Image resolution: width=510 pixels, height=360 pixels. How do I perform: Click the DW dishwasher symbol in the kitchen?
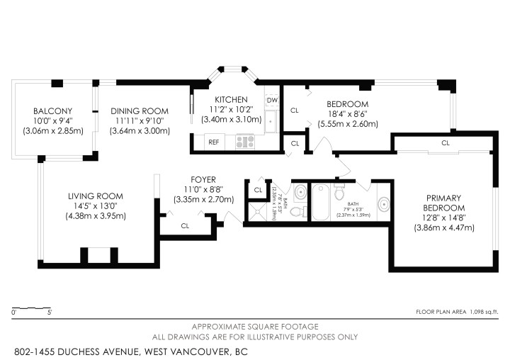(272, 101)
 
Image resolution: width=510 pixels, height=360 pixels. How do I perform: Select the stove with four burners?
(245, 142)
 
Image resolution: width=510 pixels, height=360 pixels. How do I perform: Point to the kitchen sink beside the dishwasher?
(271, 121)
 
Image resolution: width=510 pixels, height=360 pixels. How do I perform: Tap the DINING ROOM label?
(139, 111)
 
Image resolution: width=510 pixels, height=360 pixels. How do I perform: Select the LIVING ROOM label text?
(96, 196)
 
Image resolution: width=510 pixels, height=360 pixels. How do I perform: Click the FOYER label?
(203, 180)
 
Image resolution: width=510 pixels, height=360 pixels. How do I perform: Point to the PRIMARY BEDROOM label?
(444, 203)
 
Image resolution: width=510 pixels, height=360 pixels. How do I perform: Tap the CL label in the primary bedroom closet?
(445, 142)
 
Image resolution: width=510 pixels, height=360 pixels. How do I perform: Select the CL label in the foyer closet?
(185, 226)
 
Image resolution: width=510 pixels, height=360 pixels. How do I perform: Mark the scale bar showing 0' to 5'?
(30, 309)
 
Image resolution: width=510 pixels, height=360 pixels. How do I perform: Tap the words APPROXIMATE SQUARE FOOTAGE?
(255, 326)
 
